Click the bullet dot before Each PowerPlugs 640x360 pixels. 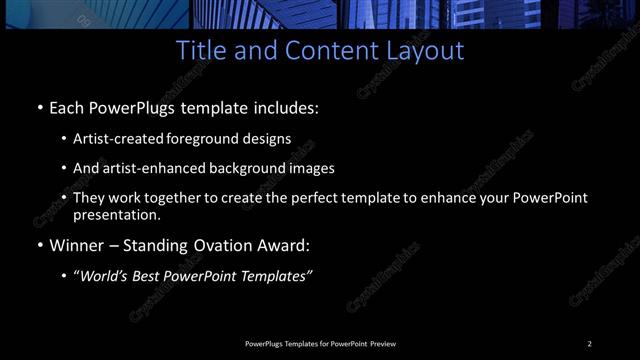coord(39,108)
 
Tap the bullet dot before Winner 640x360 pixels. coord(39,246)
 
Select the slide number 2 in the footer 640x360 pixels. coord(590,344)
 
